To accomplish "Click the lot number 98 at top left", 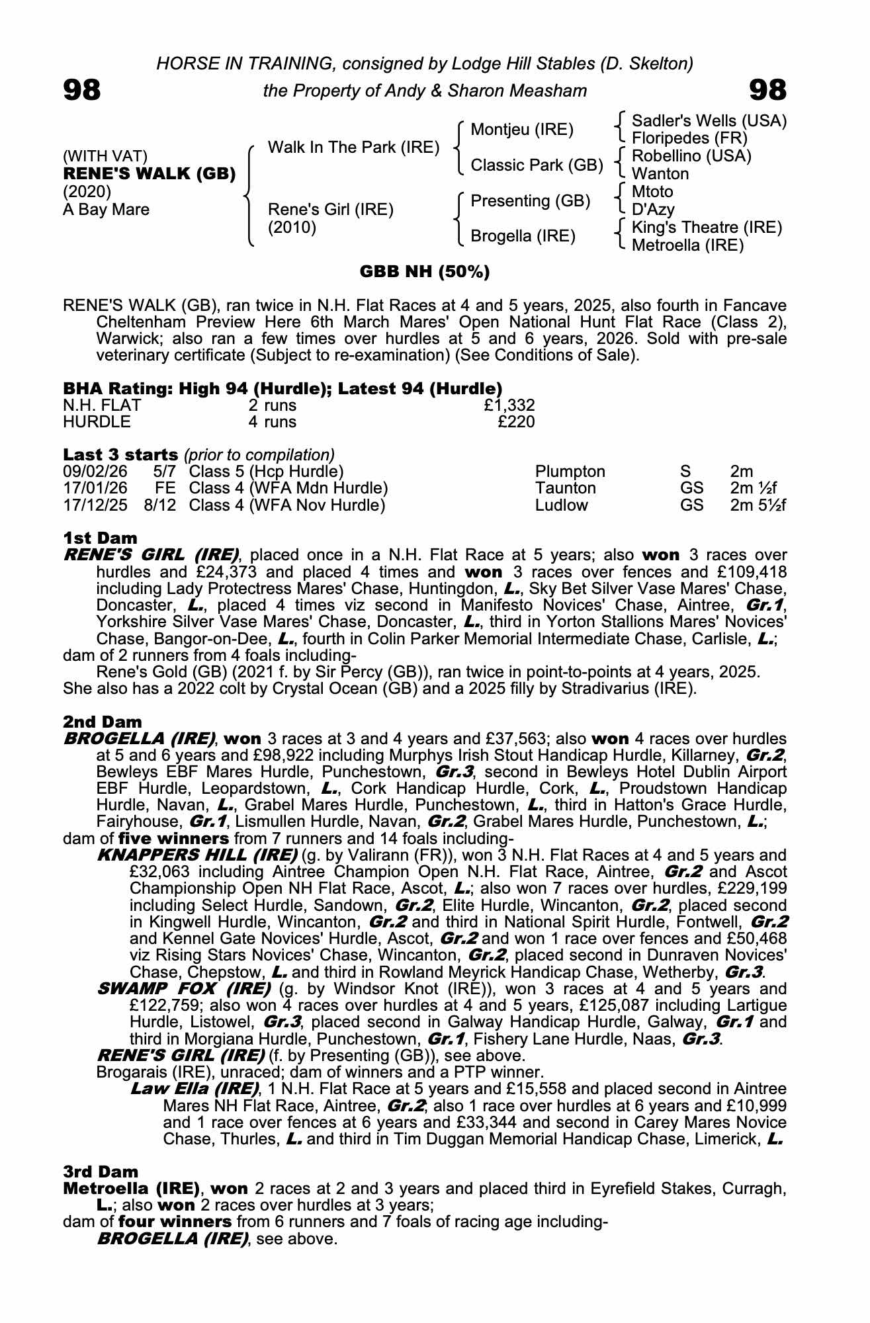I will (x=82, y=90).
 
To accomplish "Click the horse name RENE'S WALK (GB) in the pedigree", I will (x=150, y=174).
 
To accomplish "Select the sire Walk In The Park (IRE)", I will (x=353, y=148).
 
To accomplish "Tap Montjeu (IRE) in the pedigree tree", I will (x=521, y=130).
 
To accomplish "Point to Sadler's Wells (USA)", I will (x=709, y=121).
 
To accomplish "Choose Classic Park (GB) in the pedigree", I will (x=537, y=165).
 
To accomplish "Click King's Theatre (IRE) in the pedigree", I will (x=707, y=228).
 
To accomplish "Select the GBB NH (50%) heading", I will (x=424, y=272).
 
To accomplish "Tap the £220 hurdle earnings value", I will (x=516, y=422).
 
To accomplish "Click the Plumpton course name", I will (x=570, y=472).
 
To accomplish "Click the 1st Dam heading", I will (x=100, y=538).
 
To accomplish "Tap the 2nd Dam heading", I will (x=102, y=722).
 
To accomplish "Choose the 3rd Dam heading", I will (x=101, y=1172).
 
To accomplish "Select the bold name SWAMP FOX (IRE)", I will (x=184, y=989).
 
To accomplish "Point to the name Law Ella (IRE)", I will (x=195, y=1089).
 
